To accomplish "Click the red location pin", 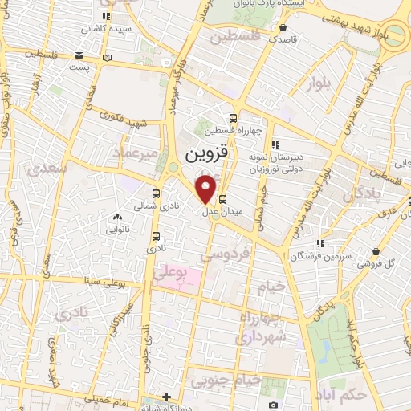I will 206,188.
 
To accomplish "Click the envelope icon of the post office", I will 79,55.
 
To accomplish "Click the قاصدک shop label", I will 283,38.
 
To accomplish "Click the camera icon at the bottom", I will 274,405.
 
